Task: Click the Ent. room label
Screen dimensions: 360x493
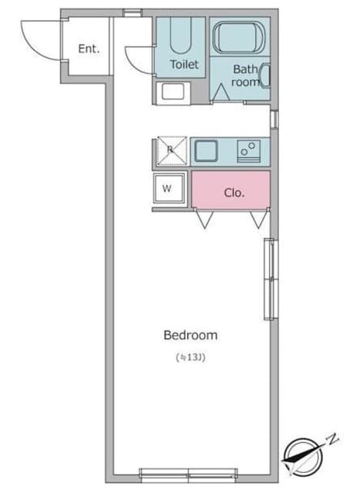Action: tap(89, 49)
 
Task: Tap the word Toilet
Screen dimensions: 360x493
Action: tap(184, 65)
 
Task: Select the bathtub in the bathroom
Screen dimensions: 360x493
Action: tap(239, 38)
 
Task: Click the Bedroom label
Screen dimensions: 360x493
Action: tap(190, 335)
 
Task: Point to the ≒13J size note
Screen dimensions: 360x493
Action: tap(190, 357)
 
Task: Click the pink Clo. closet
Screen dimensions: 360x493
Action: tap(230, 189)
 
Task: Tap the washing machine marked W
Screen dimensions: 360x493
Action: tap(170, 188)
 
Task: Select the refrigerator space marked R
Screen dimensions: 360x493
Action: tap(172, 151)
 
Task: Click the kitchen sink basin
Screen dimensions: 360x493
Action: tap(206, 151)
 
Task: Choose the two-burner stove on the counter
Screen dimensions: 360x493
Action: tap(249, 151)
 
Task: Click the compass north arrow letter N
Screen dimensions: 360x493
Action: tap(332, 439)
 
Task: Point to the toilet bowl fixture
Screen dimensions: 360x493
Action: tap(180, 35)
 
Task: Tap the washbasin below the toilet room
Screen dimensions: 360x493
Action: tap(173, 92)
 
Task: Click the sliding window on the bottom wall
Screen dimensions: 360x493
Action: tap(188, 475)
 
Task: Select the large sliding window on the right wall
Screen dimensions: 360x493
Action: tap(271, 279)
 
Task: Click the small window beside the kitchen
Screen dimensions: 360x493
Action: tap(274, 119)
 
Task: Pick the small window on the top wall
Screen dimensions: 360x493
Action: tap(132, 12)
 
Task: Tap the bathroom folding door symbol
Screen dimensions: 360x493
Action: tap(221, 93)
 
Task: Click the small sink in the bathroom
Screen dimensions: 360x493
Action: tap(266, 75)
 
